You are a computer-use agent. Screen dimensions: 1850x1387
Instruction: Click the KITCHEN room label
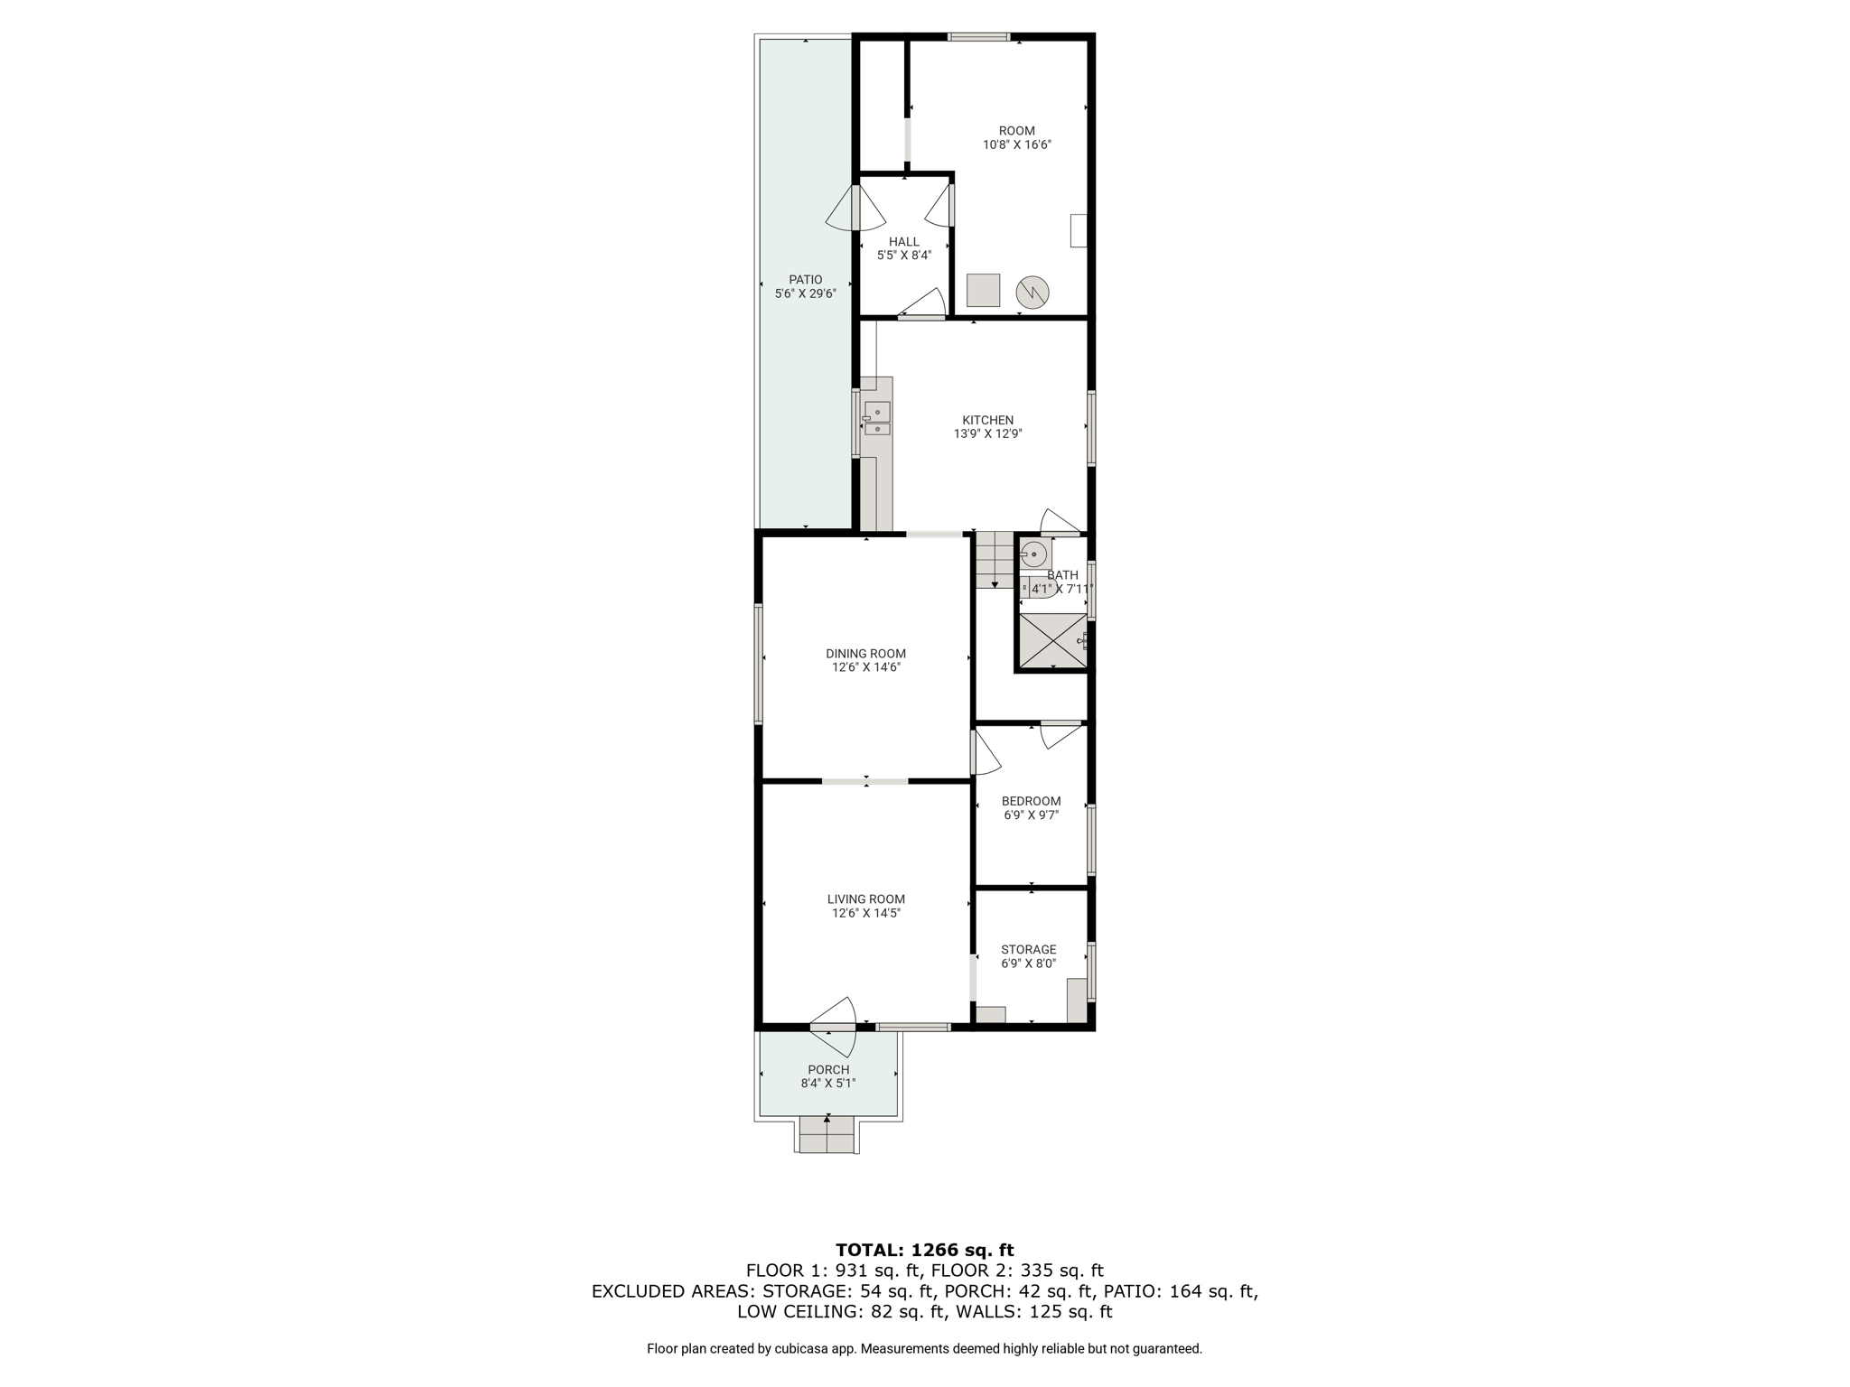click(987, 420)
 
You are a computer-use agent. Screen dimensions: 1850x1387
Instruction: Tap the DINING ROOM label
click(865, 654)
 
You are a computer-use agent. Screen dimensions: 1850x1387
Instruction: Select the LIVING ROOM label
click(865, 899)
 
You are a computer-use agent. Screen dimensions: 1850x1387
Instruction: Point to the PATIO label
click(805, 280)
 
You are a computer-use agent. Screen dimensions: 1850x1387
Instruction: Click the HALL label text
click(903, 242)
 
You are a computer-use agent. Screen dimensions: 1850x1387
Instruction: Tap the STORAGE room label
click(1028, 950)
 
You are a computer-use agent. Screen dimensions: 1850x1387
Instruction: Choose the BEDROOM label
click(1031, 802)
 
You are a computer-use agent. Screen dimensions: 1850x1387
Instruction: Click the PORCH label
click(828, 1070)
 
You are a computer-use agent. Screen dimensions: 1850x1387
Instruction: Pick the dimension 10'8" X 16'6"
click(1017, 144)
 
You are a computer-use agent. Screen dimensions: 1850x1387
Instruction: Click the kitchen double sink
click(876, 419)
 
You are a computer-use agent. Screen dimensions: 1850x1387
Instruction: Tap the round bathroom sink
click(1033, 554)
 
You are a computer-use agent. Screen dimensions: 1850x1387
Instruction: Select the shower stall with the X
click(1052, 641)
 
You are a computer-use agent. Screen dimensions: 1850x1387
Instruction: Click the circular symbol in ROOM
click(1032, 292)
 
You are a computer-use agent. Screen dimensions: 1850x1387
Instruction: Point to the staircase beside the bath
click(995, 560)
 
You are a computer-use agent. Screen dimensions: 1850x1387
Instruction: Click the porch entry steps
click(827, 1134)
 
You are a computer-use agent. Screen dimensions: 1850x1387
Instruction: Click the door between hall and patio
click(855, 208)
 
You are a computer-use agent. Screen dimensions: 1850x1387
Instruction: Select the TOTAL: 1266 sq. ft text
click(924, 1251)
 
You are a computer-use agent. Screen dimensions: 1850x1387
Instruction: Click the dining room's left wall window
click(759, 664)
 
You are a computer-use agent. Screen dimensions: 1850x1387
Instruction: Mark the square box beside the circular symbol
click(984, 290)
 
